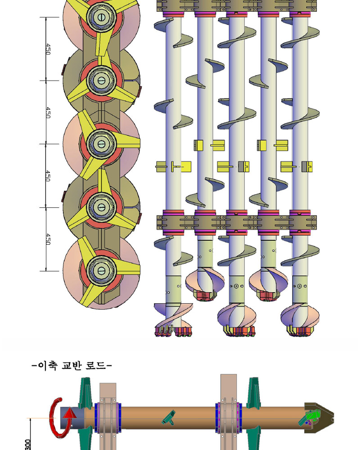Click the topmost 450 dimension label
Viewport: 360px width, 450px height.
click(48, 49)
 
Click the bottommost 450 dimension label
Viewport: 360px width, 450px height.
click(48, 239)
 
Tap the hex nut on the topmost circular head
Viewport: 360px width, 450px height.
click(101, 17)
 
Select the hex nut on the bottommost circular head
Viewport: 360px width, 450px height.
click(101, 270)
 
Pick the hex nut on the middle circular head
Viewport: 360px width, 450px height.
click(101, 144)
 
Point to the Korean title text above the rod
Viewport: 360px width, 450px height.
click(72, 365)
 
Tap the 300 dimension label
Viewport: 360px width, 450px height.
click(28, 445)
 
